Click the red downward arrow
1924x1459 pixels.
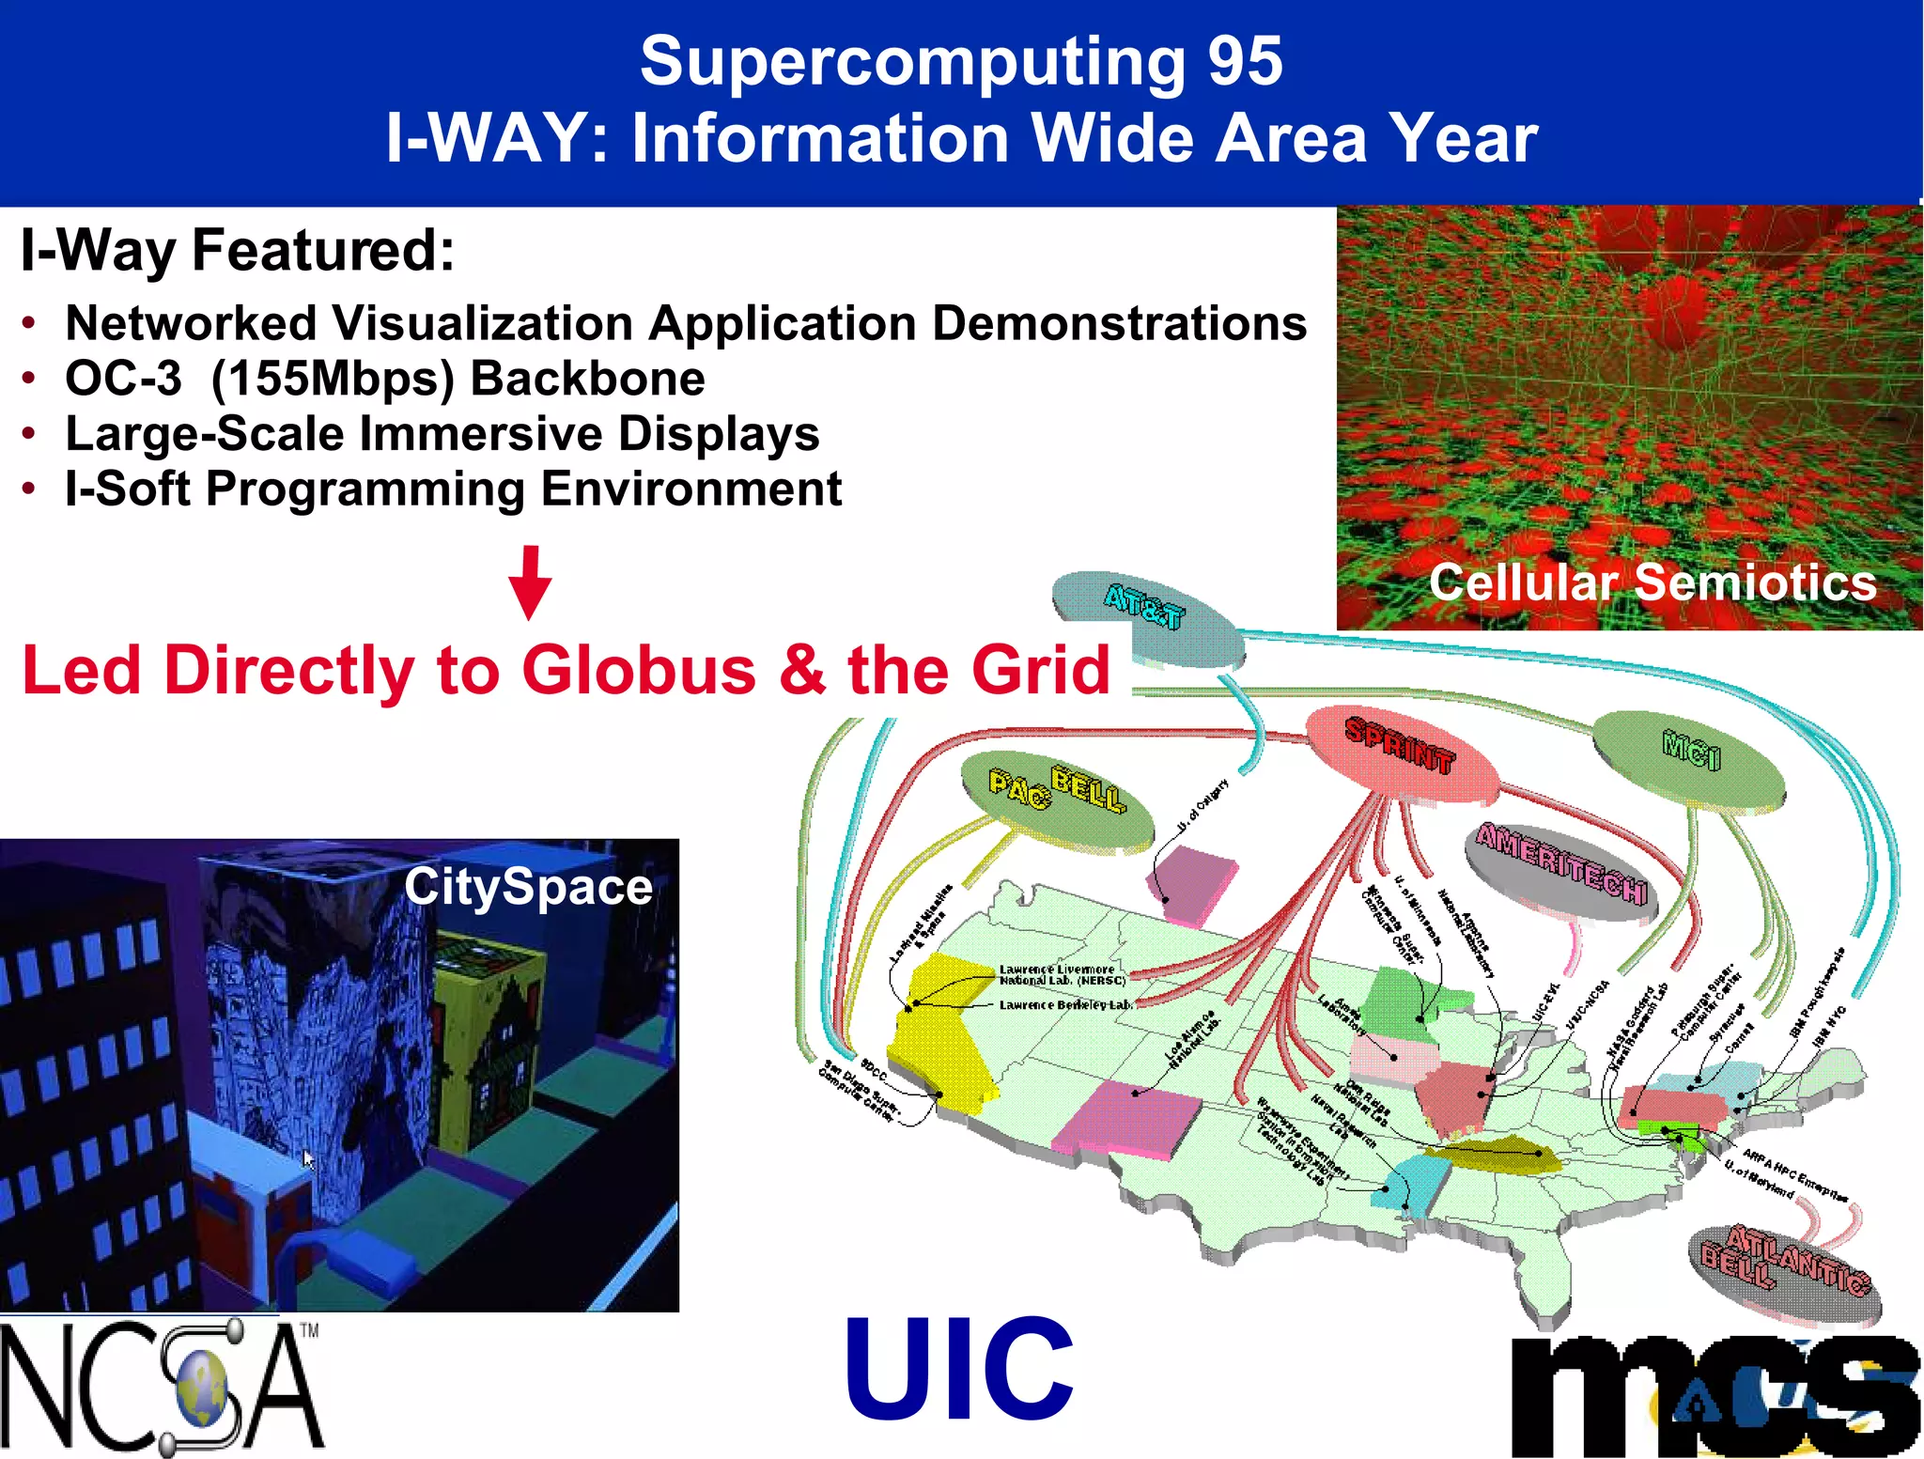(x=530, y=582)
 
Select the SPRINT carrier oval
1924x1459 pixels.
(x=1402, y=756)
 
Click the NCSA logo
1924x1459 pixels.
(x=160, y=1386)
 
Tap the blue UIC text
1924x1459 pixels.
(x=958, y=1369)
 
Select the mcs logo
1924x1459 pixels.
(x=1715, y=1395)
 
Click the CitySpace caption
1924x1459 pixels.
(x=528, y=887)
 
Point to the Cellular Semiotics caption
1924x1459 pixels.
(x=1652, y=582)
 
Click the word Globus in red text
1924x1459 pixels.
(x=639, y=671)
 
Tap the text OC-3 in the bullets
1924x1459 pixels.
(x=123, y=379)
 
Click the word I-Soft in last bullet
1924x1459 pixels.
(x=127, y=489)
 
